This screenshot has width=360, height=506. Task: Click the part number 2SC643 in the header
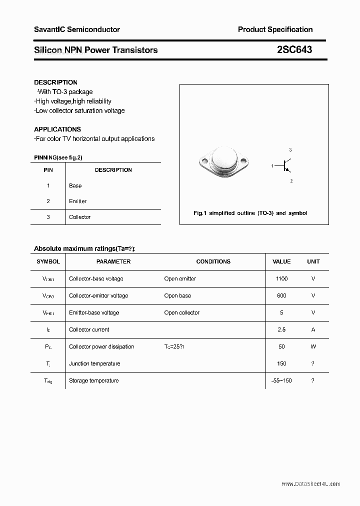coord(294,50)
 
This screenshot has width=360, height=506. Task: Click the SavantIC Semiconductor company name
coord(76,29)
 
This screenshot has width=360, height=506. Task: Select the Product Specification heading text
coord(275,29)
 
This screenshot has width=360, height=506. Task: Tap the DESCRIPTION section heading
coord(55,82)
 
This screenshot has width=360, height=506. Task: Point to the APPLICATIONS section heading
coord(57,129)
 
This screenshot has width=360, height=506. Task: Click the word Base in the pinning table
coord(75,185)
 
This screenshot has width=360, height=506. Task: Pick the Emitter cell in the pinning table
coord(77,201)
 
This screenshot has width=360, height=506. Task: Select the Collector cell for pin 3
coord(79,217)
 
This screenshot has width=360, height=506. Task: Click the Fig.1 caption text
coord(250,213)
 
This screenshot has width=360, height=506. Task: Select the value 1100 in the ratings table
coord(281,278)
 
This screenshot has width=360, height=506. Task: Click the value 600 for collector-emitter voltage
coord(281,295)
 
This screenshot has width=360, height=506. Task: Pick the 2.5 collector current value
coord(281,329)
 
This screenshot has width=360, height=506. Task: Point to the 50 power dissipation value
coord(281,346)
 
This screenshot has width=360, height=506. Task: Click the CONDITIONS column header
coord(213,261)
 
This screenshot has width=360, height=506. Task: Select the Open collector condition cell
coord(181,312)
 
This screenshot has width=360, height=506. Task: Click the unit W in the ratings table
coord(313,346)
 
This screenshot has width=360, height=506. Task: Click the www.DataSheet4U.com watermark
coord(310,484)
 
